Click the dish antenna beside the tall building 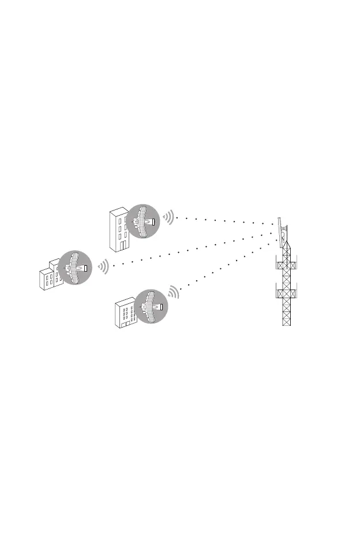(142, 221)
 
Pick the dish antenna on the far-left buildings (75, 267)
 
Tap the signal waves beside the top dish (168, 217)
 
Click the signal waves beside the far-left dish (103, 266)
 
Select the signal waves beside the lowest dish (174, 293)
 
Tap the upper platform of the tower (287, 265)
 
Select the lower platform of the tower (287, 293)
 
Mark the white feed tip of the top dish (153, 221)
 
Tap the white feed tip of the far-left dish (86, 267)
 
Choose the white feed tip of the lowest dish (161, 307)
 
